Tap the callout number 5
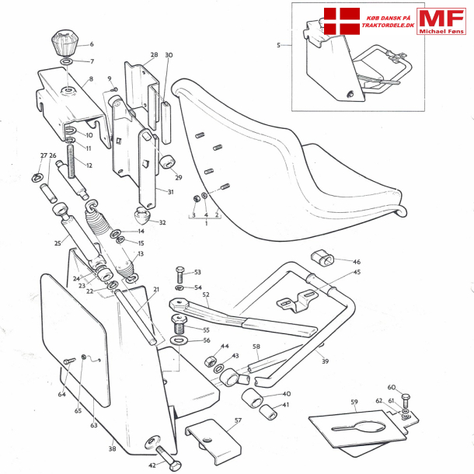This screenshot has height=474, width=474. (278, 45)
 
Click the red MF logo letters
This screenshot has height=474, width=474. (441, 18)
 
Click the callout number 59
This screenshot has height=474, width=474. (354, 402)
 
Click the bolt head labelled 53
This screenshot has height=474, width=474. (180, 274)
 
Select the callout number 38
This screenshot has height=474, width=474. (112, 448)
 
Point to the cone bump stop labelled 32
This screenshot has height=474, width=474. (142, 214)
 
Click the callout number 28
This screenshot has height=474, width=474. (154, 55)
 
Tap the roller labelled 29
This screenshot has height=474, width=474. (166, 164)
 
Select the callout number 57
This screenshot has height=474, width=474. (237, 420)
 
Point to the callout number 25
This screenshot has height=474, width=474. (57, 243)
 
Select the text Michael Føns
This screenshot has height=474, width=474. (441, 31)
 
